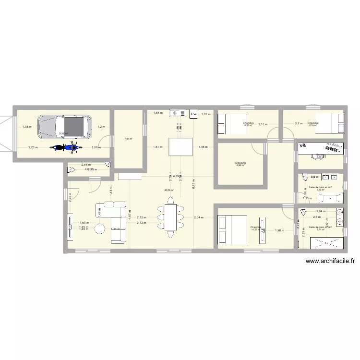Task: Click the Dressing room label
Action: pos(240,163)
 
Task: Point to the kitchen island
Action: pos(180,147)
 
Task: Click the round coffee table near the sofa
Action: pos(100,229)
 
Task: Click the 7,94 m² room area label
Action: pos(128,139)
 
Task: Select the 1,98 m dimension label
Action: pos(279,231)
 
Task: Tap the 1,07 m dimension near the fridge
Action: pos(205,114)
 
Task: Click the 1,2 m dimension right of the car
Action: pos(101,127)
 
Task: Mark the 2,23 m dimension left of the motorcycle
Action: pos(33,147)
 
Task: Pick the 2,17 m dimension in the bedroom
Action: pos(263,125)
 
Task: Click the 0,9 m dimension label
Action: pos(314,177)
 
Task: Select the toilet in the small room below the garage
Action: pos(72,168)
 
